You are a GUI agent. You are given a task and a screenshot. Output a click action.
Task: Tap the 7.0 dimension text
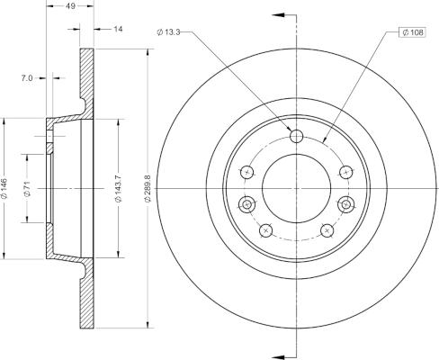[x=27, y=78]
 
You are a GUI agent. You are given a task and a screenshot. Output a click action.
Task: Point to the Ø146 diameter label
[x=8, y=188]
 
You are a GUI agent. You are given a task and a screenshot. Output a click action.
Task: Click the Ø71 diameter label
[x=30, y=188]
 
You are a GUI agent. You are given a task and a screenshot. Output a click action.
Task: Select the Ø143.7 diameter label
[x=121, y=187]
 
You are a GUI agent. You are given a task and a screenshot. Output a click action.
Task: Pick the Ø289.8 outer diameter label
[x=149, y=187]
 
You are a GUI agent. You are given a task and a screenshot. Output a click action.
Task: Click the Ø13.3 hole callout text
[x=170, y=32]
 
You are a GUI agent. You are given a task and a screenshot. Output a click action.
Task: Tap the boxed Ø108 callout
[x=411, y=33]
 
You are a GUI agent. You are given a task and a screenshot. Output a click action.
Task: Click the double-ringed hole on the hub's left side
[x=246, y=204]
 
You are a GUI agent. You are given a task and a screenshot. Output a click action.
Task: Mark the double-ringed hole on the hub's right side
[x=343, y=204]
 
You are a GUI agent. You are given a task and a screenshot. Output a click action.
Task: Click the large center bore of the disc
[x=294, y=187]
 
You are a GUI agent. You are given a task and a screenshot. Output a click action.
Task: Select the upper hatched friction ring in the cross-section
[x=86, y=81]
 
